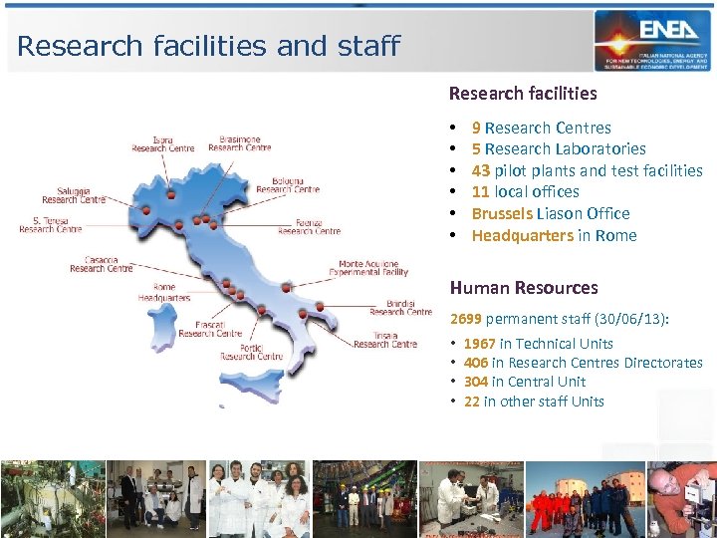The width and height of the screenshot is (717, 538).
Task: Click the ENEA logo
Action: pyautogui.click(x=652, y=40)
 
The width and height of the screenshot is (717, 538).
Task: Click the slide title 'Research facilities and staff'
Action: pyautogui.click(x=208, y=46)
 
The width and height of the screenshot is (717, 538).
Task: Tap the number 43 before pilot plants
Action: pyautogui.click(x=481, y=170)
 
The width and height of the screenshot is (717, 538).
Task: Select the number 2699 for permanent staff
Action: pyautogui.click(x=465, y=320)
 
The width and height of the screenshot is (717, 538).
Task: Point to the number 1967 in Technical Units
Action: pyautogui.click(x=480, y=344)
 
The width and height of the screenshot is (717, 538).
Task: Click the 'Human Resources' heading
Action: pyautogui.click(x=524, y=288)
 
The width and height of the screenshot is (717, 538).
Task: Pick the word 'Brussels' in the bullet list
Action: pyautogui.click(x=502, y=213)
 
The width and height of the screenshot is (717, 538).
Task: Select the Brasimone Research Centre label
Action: pyautogui.click(x=239, y=143)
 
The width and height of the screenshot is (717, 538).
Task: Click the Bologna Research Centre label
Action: pyautogui.click(x=288, y=184)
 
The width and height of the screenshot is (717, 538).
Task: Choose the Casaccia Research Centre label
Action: pyautogui.click(x=101, y=264)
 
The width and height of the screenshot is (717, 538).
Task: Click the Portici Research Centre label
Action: pyautogui.click(x=251, y=352)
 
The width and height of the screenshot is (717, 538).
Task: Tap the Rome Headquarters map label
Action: pyautogui.click(x=163, y=293)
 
